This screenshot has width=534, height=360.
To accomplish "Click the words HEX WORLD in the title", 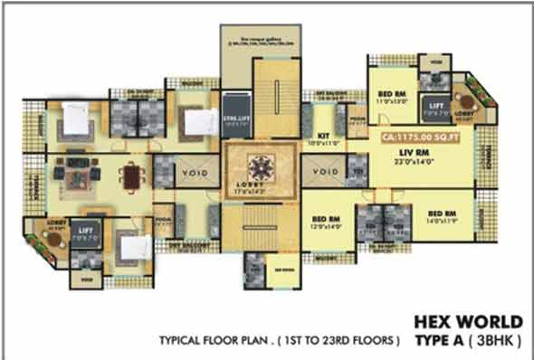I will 468,322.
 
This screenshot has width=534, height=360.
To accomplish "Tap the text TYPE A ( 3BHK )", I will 468,341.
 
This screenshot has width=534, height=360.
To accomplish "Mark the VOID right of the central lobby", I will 328,170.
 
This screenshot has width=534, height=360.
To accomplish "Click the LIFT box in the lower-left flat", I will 87,234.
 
